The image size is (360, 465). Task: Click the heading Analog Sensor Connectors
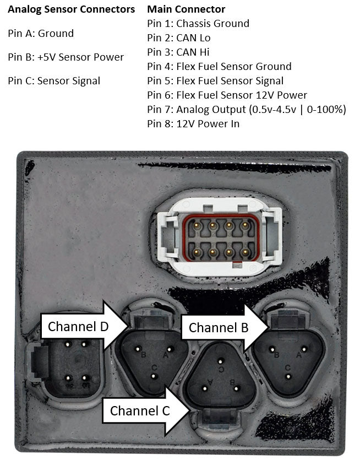72,9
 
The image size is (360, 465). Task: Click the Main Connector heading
186,9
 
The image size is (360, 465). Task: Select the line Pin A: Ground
41,34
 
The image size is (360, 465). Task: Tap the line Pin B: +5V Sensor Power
66,57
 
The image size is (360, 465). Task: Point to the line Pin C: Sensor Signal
54,81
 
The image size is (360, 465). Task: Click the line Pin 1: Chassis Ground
198,24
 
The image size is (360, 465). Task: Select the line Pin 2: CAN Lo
179,38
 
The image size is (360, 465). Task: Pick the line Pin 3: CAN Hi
178,52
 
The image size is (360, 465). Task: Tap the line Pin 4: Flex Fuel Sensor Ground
219,67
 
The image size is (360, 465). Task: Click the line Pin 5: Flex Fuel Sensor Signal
215,81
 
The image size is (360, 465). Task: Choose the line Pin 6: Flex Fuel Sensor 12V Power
227,95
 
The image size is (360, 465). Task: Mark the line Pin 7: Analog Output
247,110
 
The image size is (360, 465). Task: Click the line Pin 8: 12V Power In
193,124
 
